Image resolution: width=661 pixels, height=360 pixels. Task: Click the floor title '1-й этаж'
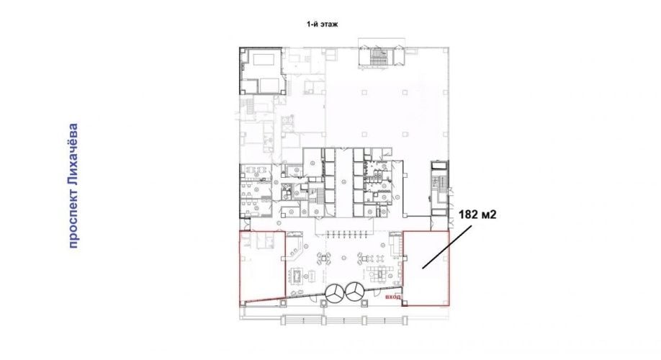[322, 24]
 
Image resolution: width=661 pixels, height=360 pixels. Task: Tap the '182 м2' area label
[477, 215]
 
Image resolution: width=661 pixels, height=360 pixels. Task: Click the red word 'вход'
[393, 297]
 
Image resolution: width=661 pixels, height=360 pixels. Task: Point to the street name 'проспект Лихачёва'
[73, 186]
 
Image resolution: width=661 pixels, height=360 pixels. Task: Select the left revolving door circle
[336, 292]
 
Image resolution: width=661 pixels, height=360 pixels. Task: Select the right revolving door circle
[356, 292]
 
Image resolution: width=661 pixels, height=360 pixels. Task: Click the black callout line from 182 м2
[447, 247]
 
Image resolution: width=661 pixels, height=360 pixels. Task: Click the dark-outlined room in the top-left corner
[262, 71]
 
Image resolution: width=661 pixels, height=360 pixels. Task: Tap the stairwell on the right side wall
[438, 189]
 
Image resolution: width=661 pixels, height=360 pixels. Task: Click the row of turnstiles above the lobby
[345, 235]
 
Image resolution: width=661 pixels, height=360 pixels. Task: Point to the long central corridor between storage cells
[344, 183]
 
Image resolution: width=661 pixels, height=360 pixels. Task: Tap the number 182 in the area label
[467, 215]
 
